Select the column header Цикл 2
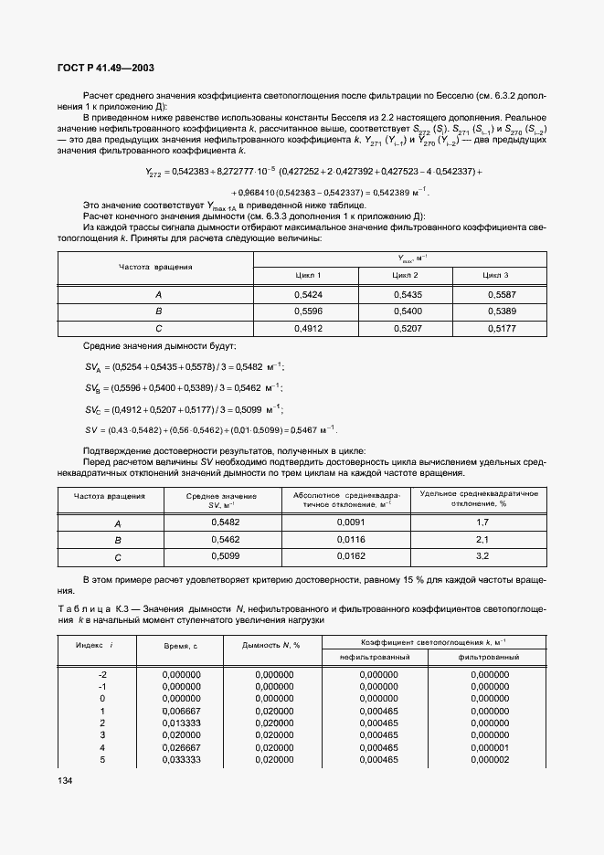click(406, 275)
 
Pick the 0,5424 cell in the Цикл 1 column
click(306, 295)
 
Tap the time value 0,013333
click(181, 723)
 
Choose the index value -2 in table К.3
click(102, 674)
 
